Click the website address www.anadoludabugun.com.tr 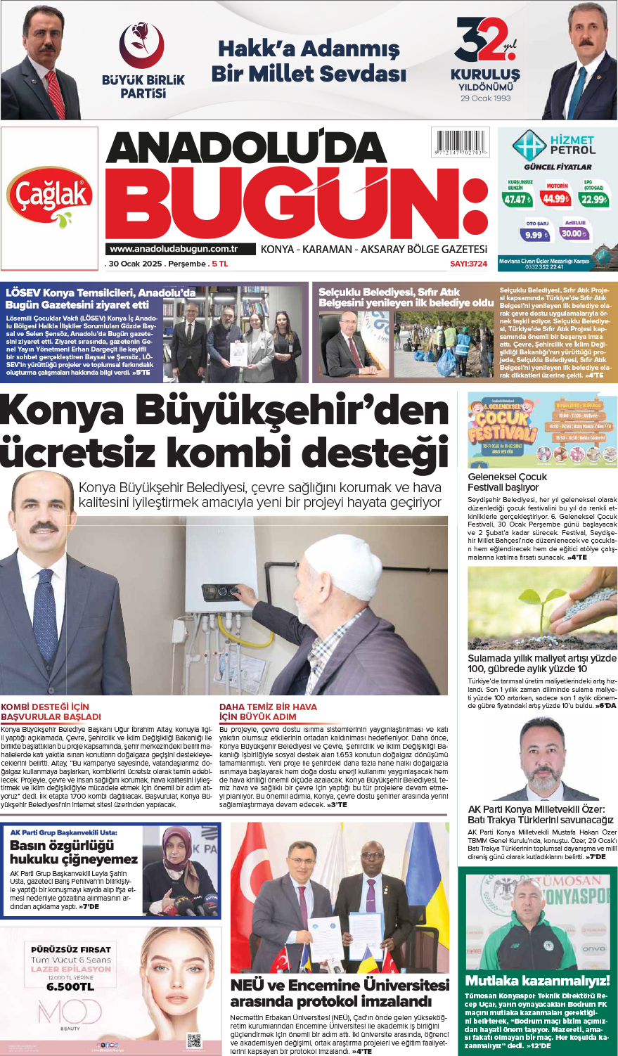point(174,249)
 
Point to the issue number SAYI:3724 point(468,264)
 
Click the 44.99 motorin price point(555,198)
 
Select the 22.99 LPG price point(593,199)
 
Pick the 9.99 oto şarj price point(535,235)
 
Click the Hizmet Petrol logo point(553,146)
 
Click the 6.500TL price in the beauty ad point(70,986)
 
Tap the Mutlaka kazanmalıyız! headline point(537,980)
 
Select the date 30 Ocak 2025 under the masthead point(134,264)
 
